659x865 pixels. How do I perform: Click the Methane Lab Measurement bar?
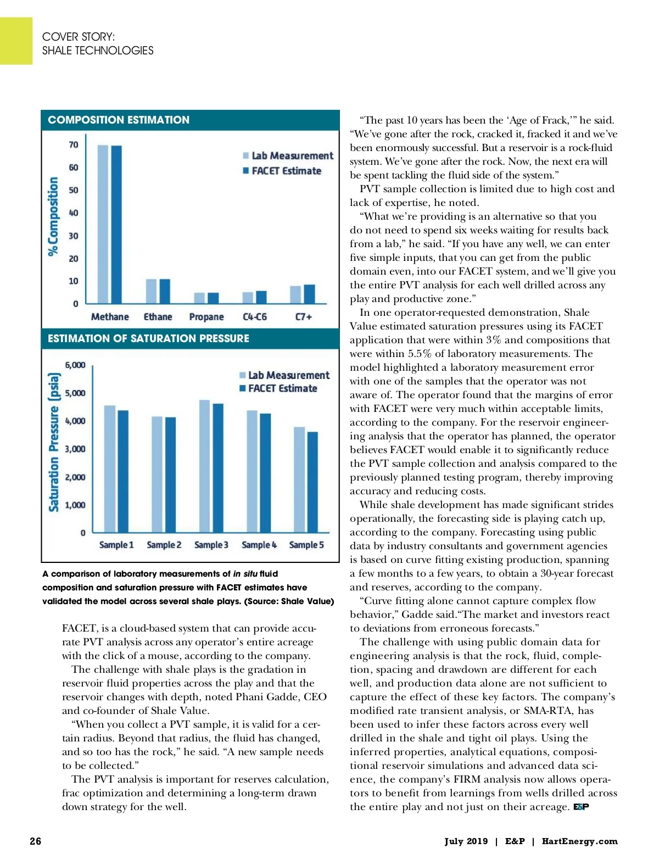[x=103, y=224]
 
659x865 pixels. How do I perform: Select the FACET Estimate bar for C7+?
[x=310, y=294]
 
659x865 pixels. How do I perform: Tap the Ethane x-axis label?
[x=158, y=317]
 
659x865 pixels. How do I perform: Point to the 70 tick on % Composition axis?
[x=74, y=145]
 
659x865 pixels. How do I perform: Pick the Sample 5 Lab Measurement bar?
[x=299, y=479]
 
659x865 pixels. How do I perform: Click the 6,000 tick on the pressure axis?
[x=75, y=365]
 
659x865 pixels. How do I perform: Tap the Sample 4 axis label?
[x=259, y=545]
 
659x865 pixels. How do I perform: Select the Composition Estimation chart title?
[x=119, y=120]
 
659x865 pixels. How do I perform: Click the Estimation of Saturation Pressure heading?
[x=148, y=338]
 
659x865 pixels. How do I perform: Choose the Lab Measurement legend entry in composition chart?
[x=288, y=156]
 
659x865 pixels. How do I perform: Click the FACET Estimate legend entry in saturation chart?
[x=278, y=388]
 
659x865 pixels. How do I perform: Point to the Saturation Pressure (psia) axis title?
[x=54, y=442]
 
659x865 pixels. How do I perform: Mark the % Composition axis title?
[x=53, y=216]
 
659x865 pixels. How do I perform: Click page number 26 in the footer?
[x=35, y=841]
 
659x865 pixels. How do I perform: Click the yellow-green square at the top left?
[x=16, y=41]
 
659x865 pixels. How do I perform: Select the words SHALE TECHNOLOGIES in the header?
[x=98, y=51]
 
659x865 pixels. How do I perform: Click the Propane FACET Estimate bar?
[x=213, y=298]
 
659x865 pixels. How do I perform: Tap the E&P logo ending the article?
[x=581, y=807]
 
